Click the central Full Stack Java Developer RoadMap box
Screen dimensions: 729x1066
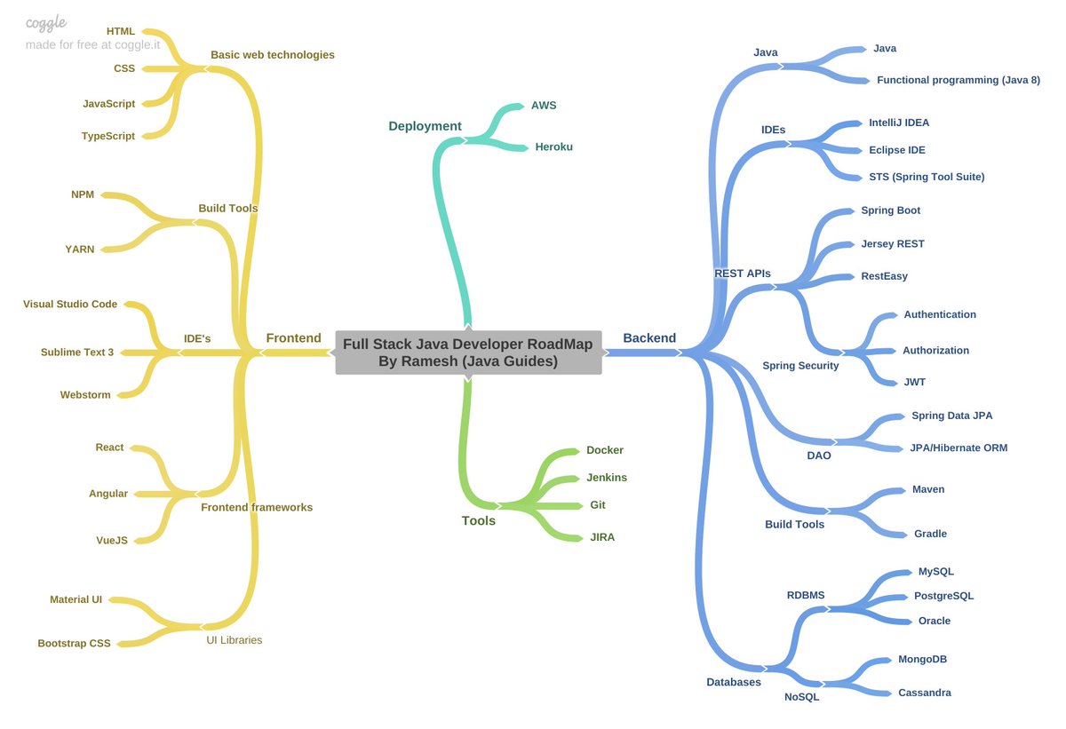click(x=468, y=353)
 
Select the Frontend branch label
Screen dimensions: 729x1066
click(x=293, y=338)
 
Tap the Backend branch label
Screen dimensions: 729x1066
click(x=649, y=338)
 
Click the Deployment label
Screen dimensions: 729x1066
click(x=425, y=126)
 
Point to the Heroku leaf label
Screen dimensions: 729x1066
click(x=553, y=147)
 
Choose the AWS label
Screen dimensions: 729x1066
click(x=544, y=105)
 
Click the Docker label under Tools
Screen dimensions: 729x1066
click(x=605, y=450)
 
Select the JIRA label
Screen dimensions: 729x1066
click(x=602, y=537)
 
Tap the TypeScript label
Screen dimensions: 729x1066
click(x=108, y=136)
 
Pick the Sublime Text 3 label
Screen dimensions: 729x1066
click(x=77, y=353)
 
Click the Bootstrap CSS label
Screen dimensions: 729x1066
click(x=74, y=643)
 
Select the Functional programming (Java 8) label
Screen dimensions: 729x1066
click(x=958, y=80)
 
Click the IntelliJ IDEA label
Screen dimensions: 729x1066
click(x=899, y=123)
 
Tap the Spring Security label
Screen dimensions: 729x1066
click(x=800, y=366)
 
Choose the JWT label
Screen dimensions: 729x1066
click(x=914, y=382)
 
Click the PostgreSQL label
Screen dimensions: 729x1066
click(x=943, y=596)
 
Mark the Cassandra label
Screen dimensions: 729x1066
click(x=924, y=693)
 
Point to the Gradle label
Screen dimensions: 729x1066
click(x=930, y=534)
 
